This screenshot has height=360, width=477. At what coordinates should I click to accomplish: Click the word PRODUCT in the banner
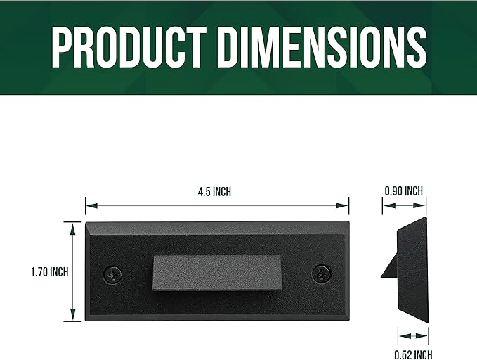(129, 46)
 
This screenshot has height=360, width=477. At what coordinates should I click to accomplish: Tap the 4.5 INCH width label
(214, 192)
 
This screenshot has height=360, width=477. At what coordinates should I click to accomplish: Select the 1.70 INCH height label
(50, 271)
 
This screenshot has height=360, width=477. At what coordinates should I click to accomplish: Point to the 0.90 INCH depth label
(404, 191)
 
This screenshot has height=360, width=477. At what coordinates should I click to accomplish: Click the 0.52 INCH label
(413, 355)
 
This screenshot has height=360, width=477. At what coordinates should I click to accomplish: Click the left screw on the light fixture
(113, 274)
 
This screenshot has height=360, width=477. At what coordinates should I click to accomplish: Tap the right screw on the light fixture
(322, 274)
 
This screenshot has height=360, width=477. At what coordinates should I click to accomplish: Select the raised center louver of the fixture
(217, 273)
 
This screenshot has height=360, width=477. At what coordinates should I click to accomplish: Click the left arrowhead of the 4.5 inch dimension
(91, 205)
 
